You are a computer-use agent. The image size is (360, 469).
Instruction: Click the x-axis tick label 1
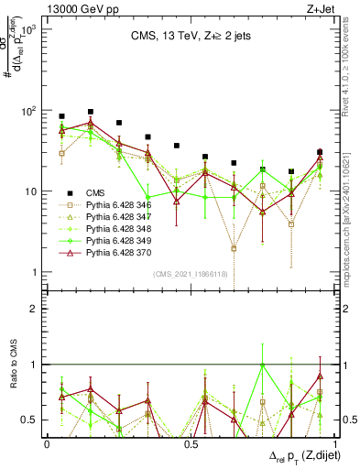[x=332, y=443]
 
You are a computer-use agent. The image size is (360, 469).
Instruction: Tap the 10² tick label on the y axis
[x=28, y=111]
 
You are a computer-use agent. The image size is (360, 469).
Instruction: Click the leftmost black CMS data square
[x=61, y=117]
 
